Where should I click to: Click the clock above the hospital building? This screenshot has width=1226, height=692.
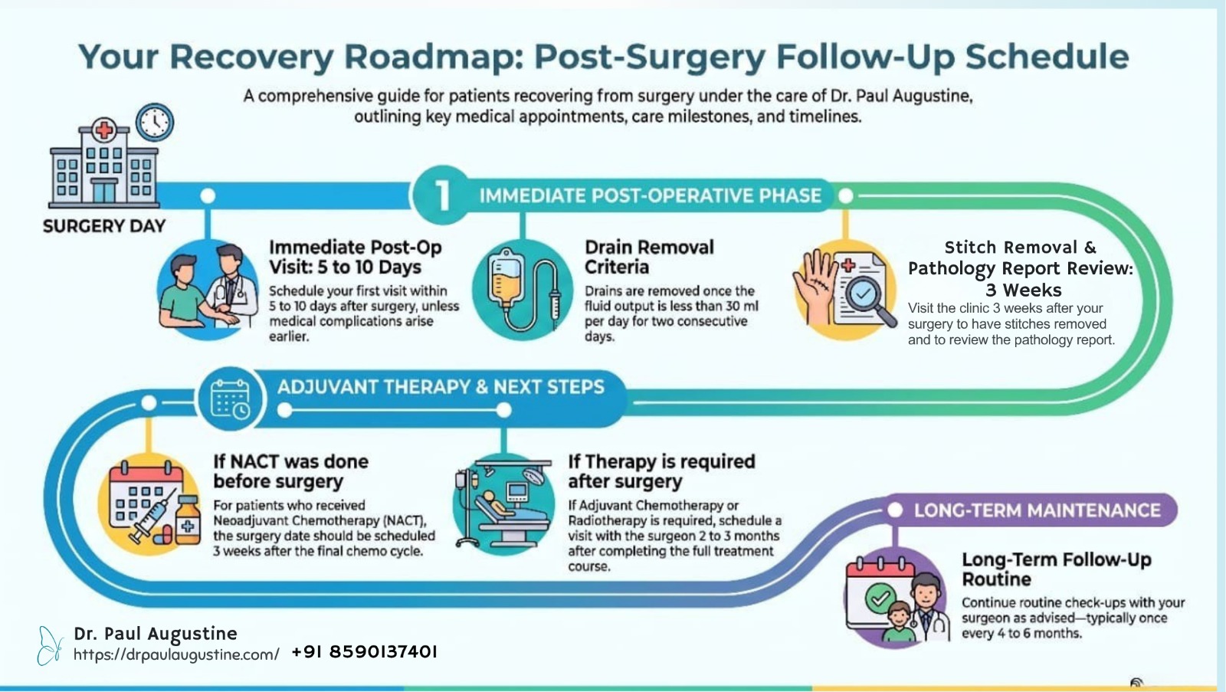[155, 122]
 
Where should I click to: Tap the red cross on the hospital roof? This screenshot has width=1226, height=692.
[104, 130]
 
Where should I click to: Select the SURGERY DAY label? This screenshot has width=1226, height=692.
[104, 226]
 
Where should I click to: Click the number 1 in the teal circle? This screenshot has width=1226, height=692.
[442, 195]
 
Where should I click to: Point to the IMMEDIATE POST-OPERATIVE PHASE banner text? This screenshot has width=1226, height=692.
[651, 195]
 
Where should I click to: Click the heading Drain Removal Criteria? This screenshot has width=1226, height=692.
[649, 257]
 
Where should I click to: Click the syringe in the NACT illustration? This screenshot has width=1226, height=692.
[153, 515]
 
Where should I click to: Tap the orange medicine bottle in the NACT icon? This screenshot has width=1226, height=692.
[188, 520]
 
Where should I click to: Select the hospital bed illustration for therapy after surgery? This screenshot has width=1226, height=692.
[503, 504]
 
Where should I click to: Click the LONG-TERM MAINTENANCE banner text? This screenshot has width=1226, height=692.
[1038, 510]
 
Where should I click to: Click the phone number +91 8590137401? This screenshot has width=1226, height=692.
[365, 652]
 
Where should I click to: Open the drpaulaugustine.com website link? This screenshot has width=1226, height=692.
[176, 654]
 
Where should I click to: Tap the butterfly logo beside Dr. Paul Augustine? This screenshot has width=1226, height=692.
[50, 646]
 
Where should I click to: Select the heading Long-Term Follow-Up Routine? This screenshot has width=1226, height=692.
[1057, 569]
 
